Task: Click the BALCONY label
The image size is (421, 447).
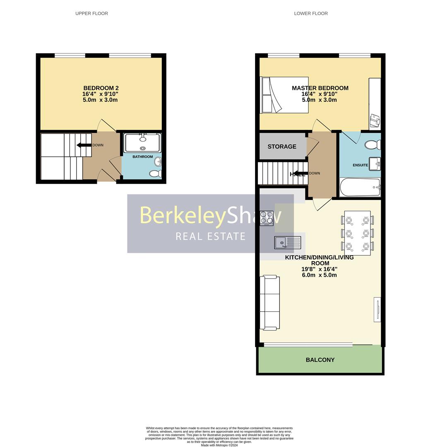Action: (x=320, y=360)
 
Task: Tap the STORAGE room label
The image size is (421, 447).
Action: (x=282, y=147)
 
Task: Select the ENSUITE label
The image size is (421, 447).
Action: (x=360, y=165)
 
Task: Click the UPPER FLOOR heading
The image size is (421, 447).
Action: (x=91, y=14)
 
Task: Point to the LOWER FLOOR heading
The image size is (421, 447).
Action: (x=311, y=14)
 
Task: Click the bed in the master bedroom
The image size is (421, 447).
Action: (x=285, y=95)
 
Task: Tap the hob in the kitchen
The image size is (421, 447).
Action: (x=267, y=218)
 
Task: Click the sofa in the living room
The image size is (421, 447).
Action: (x=269, y=303)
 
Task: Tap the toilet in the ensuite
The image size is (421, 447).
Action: (x=373, y=145)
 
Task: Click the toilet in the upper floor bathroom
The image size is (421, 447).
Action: (x=156, y=173)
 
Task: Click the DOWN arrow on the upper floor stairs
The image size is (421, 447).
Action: (x=84, y=145)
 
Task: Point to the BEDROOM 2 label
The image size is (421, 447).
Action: (x=101, y=88)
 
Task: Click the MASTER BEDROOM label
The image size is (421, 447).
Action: (x=320, y=88)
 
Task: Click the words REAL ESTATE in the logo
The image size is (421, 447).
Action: (x=210, y=236)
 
